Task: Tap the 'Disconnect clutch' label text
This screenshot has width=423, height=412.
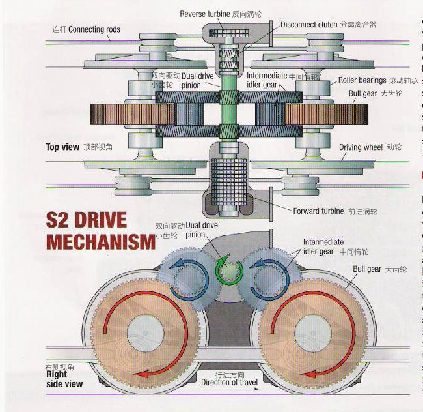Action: click(309, 25)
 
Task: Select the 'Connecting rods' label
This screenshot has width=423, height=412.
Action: click(94, 29)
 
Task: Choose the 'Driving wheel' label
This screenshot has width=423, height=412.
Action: click(361, 147)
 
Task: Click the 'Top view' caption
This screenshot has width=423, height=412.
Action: click(62, 147)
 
